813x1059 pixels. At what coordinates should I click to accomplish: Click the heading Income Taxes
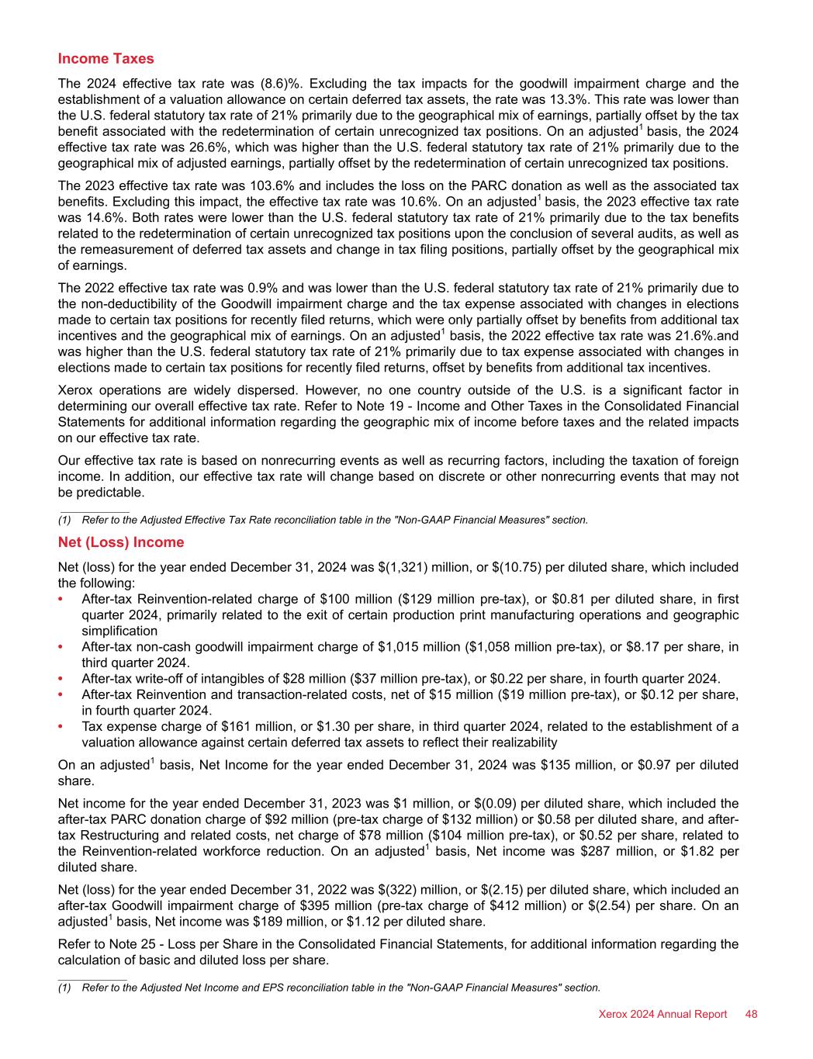(x=106, y=59)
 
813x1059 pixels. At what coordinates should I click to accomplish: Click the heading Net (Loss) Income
(x=121, y=542)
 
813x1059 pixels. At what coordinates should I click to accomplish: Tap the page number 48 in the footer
(x=750, y=1014)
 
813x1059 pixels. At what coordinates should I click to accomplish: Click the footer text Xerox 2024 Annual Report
(x=663, y=1014)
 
